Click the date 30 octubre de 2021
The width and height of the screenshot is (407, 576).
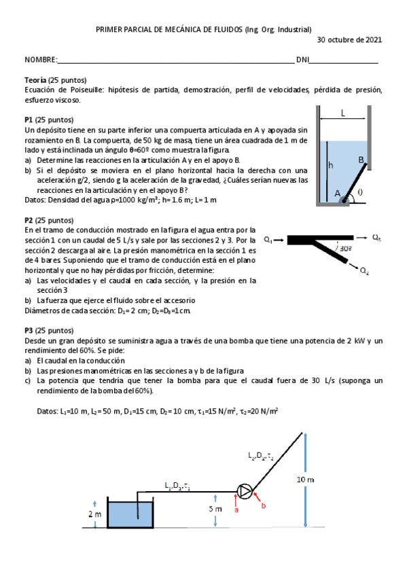pyautogui.click(x=349, y=40)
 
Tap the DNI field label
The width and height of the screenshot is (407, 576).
pyautogui.click(x=302, y=60)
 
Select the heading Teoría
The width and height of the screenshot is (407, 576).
pyautogui.click(x=35, y=80)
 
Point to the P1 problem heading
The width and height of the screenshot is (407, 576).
pyautogui.click(x=29, y=119)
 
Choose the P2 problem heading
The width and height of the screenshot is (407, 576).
pyautogui.click(x=29, y=220)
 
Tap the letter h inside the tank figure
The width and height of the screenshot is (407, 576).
pyautogui.click(x=331, y=165)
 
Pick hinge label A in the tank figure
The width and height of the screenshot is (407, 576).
pyautogui.click(x=338, y=193)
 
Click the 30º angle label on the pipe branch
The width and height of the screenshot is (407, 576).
pyautogui.click(x=345, y=249)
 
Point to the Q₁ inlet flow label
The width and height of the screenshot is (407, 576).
pyautogui.click(x=269, y=240)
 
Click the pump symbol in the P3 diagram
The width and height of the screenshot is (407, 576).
pyautogui.click(x=243, y=490)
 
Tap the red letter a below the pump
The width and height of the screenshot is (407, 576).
pyautogui.click(x=236, y=509)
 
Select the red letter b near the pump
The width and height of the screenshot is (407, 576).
pyautogui.click(x=264, y=506)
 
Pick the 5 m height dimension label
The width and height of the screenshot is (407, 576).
pyautogui.click(x=215, y=509)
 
